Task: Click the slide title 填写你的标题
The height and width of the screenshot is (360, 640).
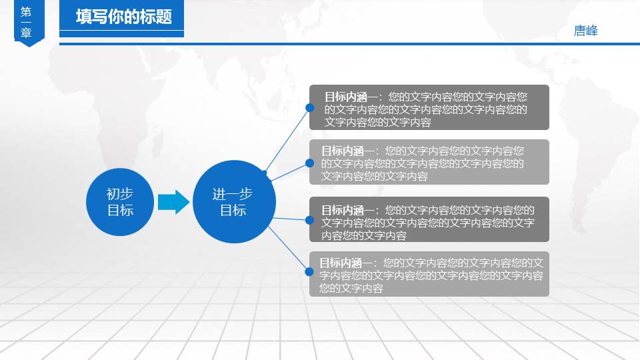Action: pyautogui.click(x=124, y=17)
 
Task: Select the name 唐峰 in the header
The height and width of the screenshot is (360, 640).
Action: pyautogui.click(x=586, y=31)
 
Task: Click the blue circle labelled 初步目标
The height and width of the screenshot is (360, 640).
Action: pyautogui.click(x=120, y=202)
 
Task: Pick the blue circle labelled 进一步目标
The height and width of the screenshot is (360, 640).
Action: pyautogui.click(x=234, y=201)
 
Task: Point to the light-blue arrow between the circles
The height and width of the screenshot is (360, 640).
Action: pyautogui.click(x=173, y=202)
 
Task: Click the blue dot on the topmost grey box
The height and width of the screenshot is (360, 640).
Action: pyautogui.click(x=310, y=108)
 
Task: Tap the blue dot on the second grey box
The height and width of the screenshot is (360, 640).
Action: pyautogui.click(x=310, y=163)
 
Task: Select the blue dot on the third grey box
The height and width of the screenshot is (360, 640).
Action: pyautogui.click(x=310, y=221)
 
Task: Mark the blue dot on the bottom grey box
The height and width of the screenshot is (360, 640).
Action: pyautogui.click(x=309, y=272)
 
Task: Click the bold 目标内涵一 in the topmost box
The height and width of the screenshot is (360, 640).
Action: pyautogui.click(x=351, y=97)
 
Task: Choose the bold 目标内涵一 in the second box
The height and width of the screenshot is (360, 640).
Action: pyautogui.click(x=348, y=151)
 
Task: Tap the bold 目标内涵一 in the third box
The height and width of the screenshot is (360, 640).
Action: pyautogui.click(x=348, y=210)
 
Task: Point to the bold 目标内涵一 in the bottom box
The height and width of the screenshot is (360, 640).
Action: pyautogui.click(x=346, y=263)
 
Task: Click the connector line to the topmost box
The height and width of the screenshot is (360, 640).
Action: pyautogui.click(x=287, y=140)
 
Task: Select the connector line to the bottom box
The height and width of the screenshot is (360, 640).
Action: pyautogui.click(x=288, y=249)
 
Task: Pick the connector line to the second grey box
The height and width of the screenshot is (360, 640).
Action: pyautogui.click(x=290, y=172)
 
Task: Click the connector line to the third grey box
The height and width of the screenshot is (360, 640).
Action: pyautogui.click(x=291, y=219)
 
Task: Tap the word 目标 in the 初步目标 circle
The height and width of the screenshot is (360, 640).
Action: pyautogui.click(x=120, y=211)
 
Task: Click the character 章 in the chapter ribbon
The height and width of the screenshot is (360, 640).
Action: pyautogui.click(x=26, y=33)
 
